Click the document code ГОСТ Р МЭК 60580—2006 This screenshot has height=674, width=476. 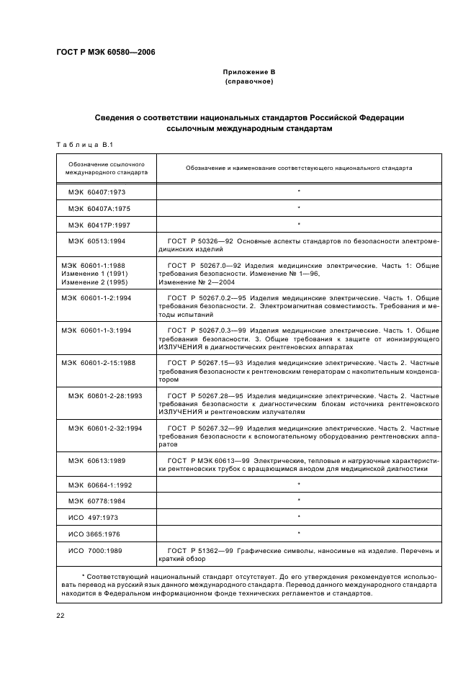coord(105,52)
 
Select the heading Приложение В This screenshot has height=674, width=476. coord(249,73)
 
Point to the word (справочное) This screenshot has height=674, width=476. coord(249,82)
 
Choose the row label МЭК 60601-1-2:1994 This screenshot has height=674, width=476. coord(96,297)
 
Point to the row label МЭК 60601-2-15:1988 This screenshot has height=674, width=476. coord(98,362)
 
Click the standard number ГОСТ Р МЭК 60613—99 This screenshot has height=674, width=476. coord(209,461)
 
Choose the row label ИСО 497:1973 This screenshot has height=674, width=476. coord(94,517)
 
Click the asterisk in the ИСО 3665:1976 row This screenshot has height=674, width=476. coord(299,534)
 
